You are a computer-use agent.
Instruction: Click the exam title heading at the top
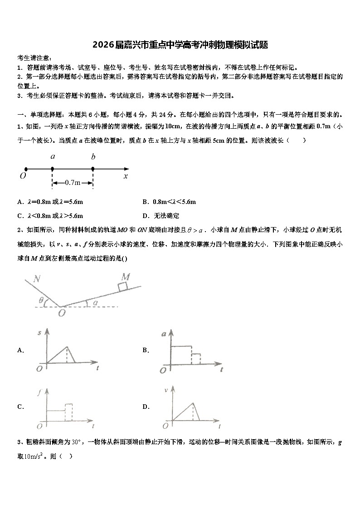(x=180, y=45)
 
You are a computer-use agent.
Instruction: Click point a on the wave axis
(x=53, y=169)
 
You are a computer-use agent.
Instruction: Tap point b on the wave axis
(x=93, y=169)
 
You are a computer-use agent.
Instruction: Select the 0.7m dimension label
(x=73, y=183)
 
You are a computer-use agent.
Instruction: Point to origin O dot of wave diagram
(x=25, y=169)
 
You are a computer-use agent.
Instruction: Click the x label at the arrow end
(x=126, y=176)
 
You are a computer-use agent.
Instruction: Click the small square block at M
(x=122, y=286)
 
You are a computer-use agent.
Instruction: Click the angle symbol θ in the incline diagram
(x=41, y=300)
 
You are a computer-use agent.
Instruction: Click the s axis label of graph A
(x=39, y=333)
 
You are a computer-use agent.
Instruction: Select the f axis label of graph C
(x=39, y=393)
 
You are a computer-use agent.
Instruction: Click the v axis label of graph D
(x=166, y=390)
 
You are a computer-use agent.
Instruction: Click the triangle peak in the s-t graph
(x=67, y=347)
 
